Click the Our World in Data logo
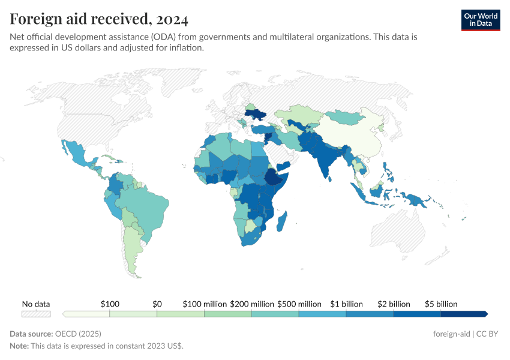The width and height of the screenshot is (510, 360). click(480, 19)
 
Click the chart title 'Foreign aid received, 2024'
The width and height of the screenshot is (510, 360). click(99, 19)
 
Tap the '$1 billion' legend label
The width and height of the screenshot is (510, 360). click(346, 304)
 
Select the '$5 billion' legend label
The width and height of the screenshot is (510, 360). click(441, 304)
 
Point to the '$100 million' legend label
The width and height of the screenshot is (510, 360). click(205, 304)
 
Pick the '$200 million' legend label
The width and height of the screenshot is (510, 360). click(252, 304)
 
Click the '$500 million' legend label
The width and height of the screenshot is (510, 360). click(299, 304)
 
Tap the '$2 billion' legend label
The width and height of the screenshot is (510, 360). click(394, 304)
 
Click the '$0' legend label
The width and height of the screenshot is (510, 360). click(157, 304)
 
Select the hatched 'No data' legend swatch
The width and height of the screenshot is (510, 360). click(36, 314)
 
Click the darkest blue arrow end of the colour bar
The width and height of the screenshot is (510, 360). click(485, 314)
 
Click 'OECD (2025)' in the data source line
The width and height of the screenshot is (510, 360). click(77, 334)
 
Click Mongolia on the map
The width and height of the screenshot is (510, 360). click(348, 116)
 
